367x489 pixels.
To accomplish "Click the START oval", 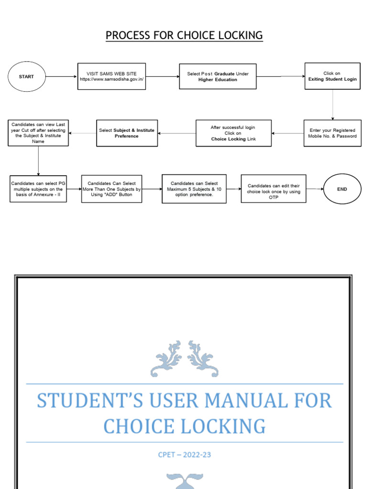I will [26, 76].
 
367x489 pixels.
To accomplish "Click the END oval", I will [342, 189].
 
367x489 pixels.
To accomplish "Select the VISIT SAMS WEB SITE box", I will [111, 76].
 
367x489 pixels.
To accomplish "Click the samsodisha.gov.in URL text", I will [111, 79].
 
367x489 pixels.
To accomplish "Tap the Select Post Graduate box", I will [217, 76].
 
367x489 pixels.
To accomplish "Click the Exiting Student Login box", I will [332, 76].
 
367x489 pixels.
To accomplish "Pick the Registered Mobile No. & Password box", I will [332, 133].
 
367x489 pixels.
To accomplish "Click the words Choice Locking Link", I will [233, 139].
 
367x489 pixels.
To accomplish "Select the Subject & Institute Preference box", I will [127, 133].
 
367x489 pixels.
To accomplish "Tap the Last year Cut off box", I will [38, 133].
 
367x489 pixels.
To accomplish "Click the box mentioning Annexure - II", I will [38, 189].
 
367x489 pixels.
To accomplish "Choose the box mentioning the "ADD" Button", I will [111, 189].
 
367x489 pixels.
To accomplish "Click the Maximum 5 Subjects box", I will [194, 189].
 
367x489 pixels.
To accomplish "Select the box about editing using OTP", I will [273, 189].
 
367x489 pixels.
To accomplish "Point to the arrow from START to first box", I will [60, 76].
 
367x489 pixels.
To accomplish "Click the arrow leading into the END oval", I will [315, 189].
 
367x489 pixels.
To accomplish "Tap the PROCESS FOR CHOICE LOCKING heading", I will [184, 35].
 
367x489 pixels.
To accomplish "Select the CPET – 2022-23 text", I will [184, 455].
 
